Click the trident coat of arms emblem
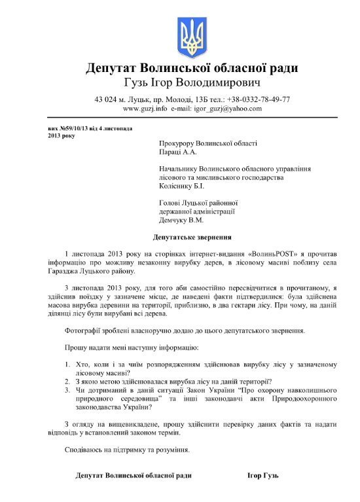pyautogui.click(x=192, y=38)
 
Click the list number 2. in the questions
pyautogui.click(x=68, y=381)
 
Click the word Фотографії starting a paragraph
pyautogui.click(x=85, y=330)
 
